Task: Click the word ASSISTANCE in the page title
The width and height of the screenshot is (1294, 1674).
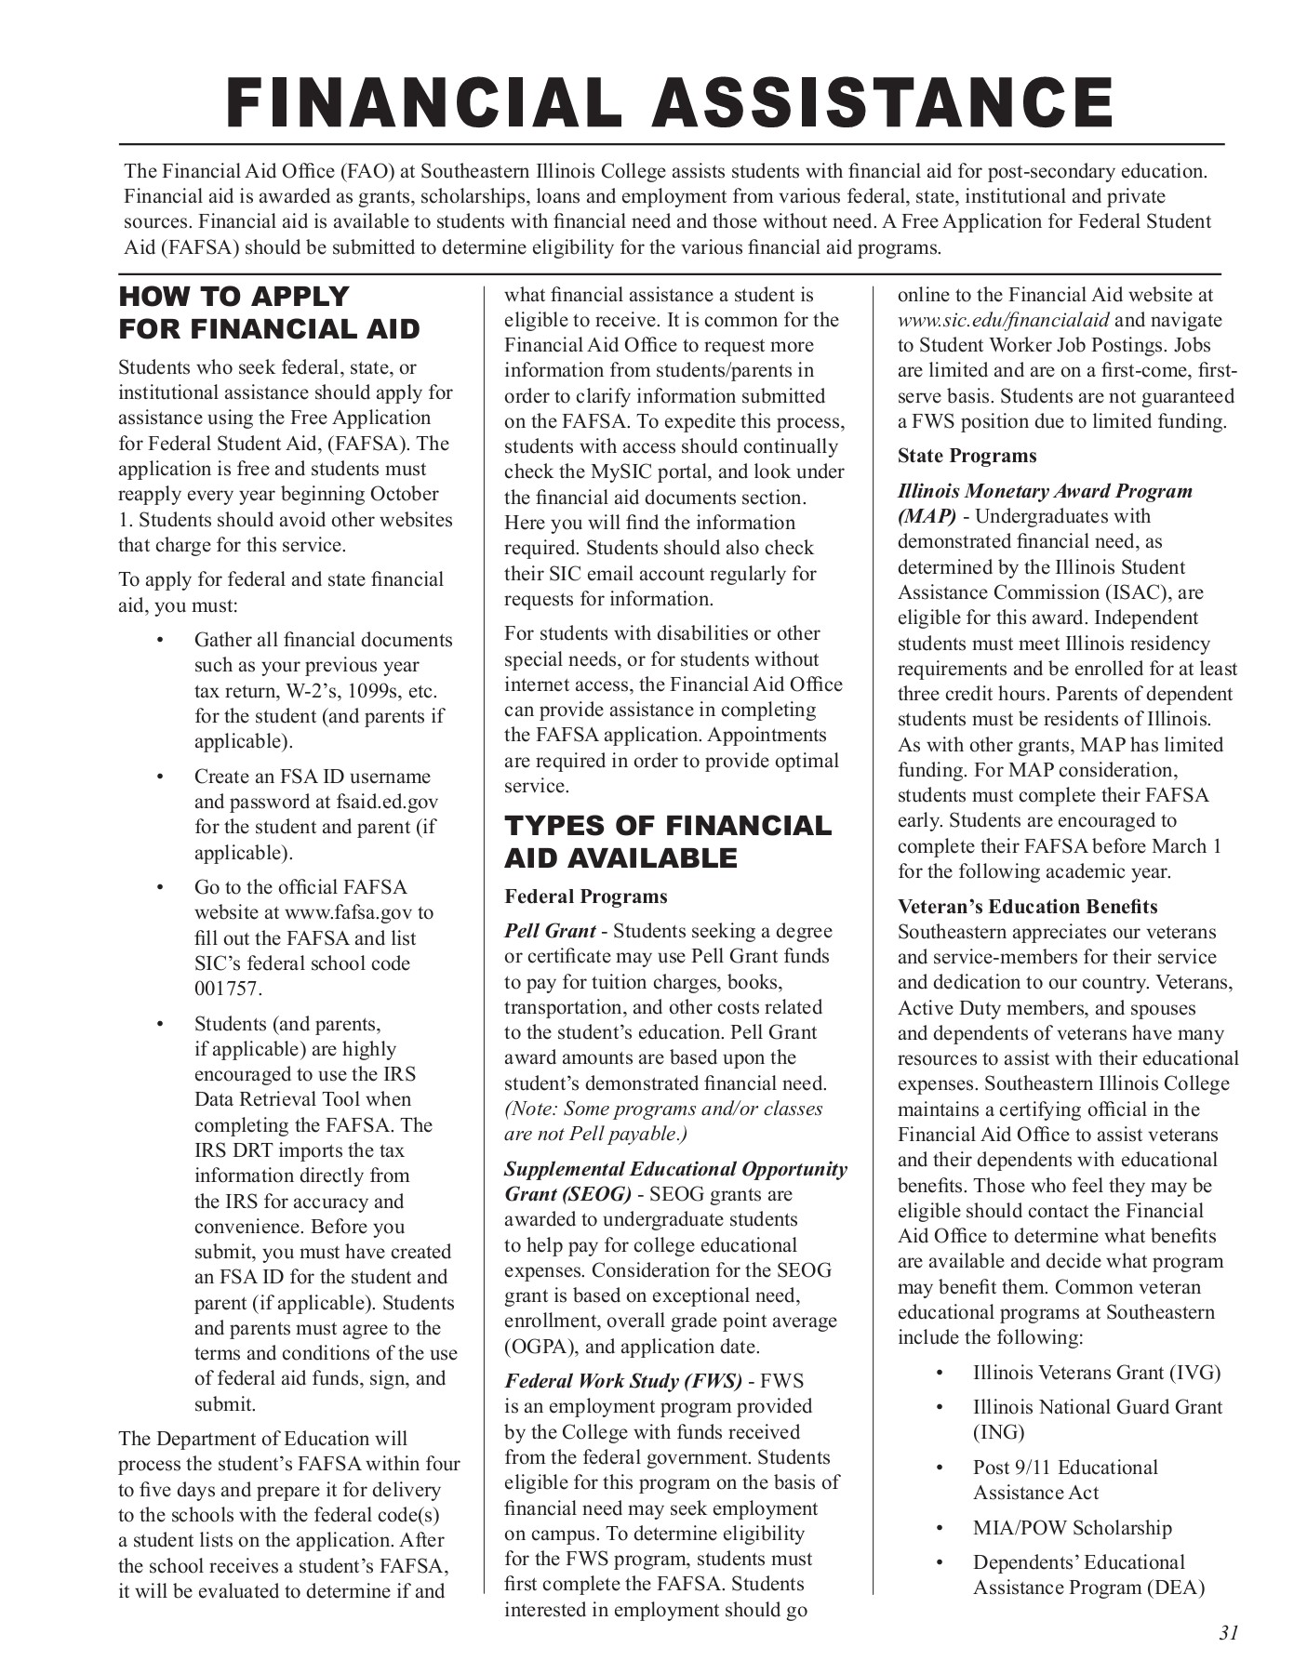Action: [x=884, y=102]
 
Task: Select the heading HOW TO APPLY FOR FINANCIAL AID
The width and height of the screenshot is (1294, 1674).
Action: [x=269, y=312]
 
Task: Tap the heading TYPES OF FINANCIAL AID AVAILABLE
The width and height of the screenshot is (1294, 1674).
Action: [x=667, y=842]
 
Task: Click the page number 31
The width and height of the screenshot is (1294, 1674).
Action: [x=1228, y=1633]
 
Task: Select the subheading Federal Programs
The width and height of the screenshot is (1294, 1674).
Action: [x=586, y=897]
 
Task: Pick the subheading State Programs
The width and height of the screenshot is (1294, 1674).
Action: [x=967, y=456]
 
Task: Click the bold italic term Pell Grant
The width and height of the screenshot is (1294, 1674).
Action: [x=550, y=931]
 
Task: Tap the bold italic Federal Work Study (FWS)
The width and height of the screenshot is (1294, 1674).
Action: [x=623, y=1381]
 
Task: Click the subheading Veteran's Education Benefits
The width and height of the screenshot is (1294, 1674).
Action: [x=1027, y=907]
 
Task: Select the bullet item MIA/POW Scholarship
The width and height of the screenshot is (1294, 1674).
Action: [x=1072, y=1528]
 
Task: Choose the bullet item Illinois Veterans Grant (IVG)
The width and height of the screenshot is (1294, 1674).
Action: [x=1096, y=1373]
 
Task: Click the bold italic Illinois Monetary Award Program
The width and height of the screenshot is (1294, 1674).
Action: [x=1044, y=491]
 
